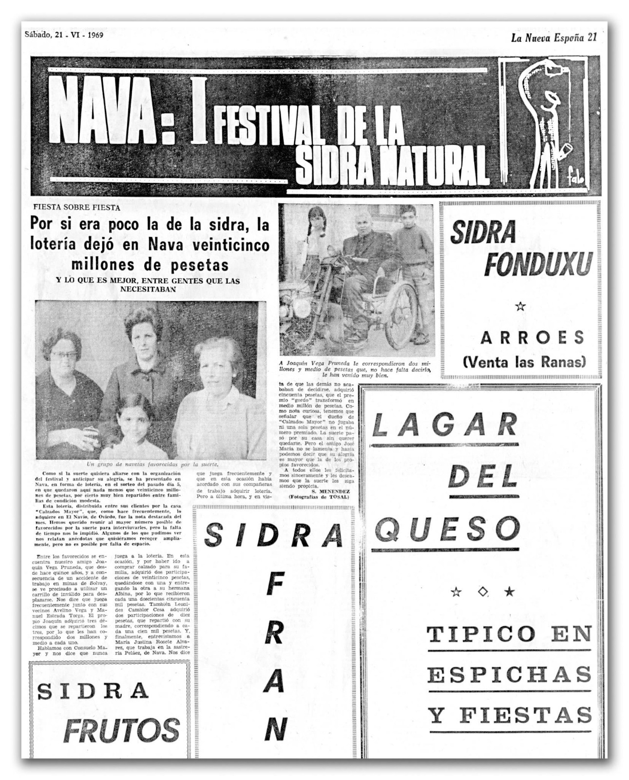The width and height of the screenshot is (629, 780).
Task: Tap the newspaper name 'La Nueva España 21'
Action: pyautogui.click(x=553, y=38)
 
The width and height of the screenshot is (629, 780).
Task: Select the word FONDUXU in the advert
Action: pyautogui.click(x=537, y=265)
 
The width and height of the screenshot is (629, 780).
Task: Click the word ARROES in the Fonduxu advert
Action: pyautogui.click(x=532, y=337)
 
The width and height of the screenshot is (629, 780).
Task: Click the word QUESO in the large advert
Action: pyautogui.click(x=447, y=529)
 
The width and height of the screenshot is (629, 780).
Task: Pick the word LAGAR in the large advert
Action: pyautogui.click(x=444, y=426)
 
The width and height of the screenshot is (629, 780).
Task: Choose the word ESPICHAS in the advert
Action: pyautogui.click(x=509, y=675)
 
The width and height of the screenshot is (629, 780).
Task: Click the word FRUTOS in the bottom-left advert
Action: pyautogui.click(x=122, y=730)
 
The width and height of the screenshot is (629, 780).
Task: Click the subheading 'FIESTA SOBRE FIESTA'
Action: pyautogui.click(x=76, y=208)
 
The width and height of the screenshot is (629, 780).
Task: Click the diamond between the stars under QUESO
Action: pyautogui.click(x=483, y=592)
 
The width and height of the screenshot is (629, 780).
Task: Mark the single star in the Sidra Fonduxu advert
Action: pyautogui.click(x=520, y=306)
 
